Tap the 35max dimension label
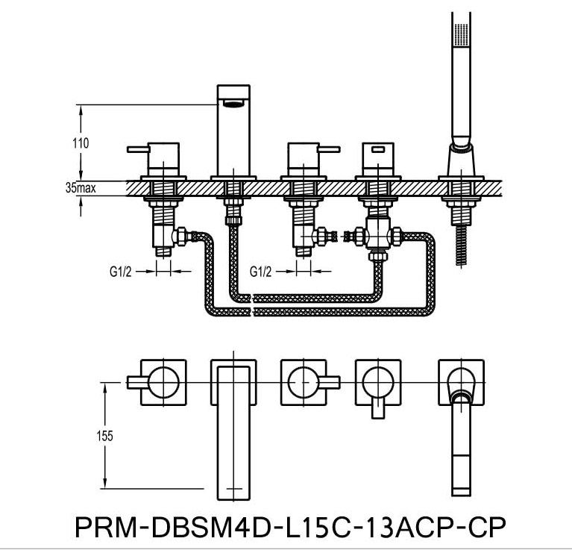[x=80, y=190]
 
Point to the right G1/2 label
[x=261, y=272]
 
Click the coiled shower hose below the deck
[x=462, y=243]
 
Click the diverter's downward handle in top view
[x=377, y=410]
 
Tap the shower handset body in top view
[x=461, y=448]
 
